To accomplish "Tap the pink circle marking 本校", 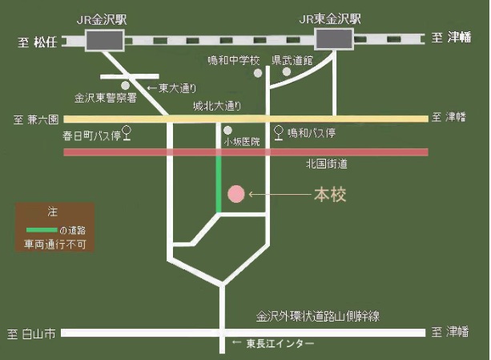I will pyautogui.click(x=235, y=194).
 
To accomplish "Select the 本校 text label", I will pyautogui.click(x=329, y=195).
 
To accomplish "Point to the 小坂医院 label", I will pyautogui.click(x=243, y=141).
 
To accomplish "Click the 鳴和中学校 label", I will pyautogui.click(x=234, y=61).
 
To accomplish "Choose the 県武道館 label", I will pyautogui.click(x=292, y=61).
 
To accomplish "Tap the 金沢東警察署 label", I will pyautogui.click(x=107, y=98).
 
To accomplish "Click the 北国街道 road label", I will pyautogui.click(x=326, y=164).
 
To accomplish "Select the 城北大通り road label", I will pyautogui.click(x=216, y=105).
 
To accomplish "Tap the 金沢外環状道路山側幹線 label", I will pyautogui.click(x=318, y=317).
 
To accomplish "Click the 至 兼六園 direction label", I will pyautogui.click(x=37, y=119).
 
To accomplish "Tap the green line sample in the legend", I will pyautogui.click(x=42, y=229).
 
